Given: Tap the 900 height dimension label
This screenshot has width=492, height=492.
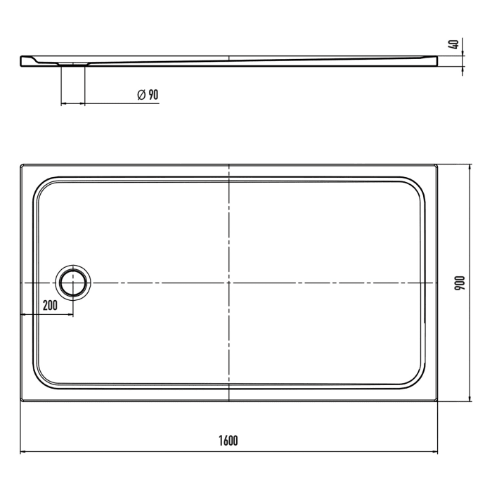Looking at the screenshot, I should pos(459,283).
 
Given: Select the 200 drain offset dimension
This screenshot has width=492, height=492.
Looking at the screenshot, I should pos(50,305).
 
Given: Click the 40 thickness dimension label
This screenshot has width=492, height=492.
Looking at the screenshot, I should pos(455,44).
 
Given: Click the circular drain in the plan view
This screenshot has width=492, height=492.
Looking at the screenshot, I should pos(72,282).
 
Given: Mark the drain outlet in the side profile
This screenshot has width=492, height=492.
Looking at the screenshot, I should pos(73,64).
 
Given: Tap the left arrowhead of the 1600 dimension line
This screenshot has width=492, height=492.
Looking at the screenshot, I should pos(23,451).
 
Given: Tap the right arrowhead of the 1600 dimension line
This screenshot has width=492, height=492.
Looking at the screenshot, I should pos(435,451).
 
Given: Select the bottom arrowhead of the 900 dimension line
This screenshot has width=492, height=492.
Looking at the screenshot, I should pos(469,398).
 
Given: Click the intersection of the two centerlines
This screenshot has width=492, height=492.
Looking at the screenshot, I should pos(230,282).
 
